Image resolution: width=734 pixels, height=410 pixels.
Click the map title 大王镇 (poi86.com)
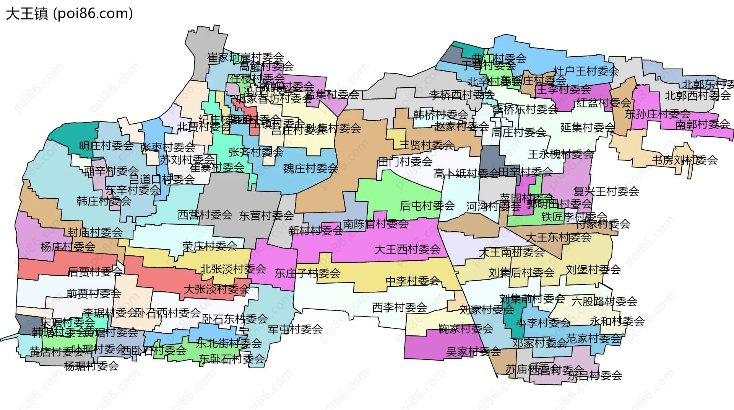[x=69, y=14]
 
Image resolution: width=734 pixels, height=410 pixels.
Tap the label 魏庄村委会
[x=310, y=168]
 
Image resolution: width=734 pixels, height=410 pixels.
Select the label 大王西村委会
[x=407, y=250]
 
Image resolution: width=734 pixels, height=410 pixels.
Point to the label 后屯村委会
[x=427, y=206]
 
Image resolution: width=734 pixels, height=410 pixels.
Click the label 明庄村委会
[x=106, y=146]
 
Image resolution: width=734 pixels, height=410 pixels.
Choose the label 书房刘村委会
[x=685, y=160]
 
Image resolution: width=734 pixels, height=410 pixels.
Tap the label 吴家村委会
[x=473, y=351]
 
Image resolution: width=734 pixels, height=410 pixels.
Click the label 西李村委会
[x=399, y=307]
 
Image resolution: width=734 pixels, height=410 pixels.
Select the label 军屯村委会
[x=295, y=329]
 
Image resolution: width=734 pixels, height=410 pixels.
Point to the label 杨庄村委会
[x=68, y=247]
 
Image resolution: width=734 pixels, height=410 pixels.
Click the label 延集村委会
[x=588, y=127]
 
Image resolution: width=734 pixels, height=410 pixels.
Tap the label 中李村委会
[x=412, y=281]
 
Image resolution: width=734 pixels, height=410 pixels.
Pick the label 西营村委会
[x=205, y=215]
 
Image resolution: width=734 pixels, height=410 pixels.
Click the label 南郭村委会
[x=703, y=124]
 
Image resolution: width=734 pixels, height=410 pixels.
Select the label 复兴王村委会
[x=606, y=191]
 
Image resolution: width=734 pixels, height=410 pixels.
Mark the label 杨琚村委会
[x=91, y=366]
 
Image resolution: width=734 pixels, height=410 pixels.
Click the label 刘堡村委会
[x=593, y=270]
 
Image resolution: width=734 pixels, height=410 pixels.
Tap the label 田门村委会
[x=405, y=162]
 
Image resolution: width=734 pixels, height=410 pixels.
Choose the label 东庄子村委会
[x=307, y=273]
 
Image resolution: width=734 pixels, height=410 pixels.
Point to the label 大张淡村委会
[x=216, y=289]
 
